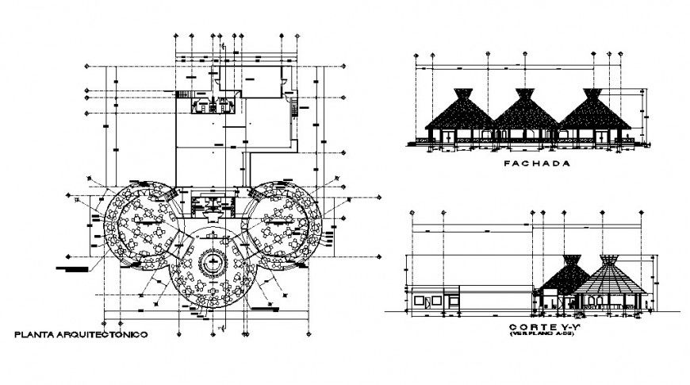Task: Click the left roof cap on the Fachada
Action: [x=460, y=93]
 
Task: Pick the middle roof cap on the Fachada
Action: [x=524, y=93]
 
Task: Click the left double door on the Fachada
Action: [x=449, y=137]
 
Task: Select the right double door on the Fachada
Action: [x=603, y=137]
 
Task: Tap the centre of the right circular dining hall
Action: [x=281, y=225]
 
